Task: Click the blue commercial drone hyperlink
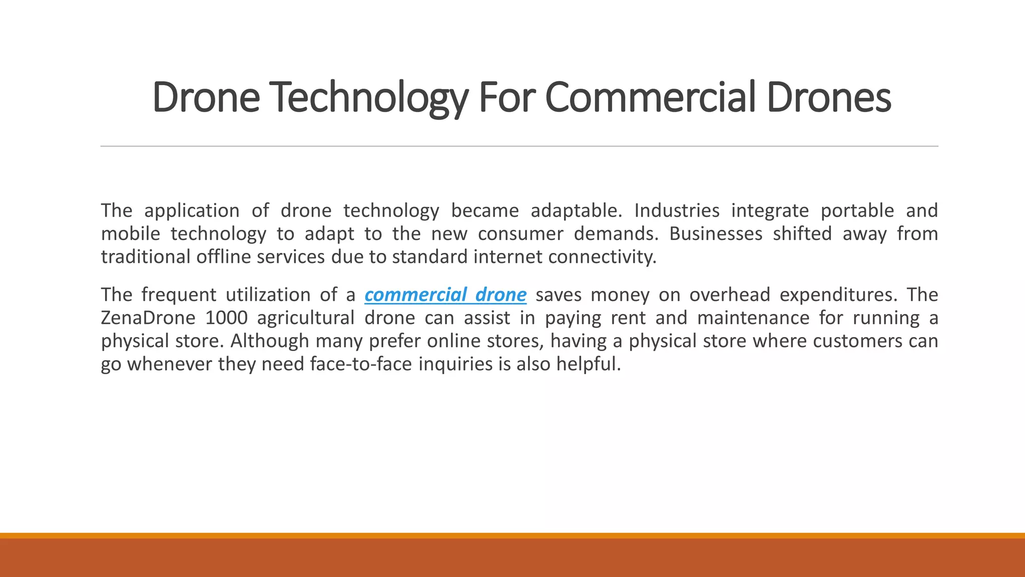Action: pos(445,295)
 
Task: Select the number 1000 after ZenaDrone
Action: pos(226,318)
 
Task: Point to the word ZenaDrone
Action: pos(148,318)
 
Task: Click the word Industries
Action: pos(677,211)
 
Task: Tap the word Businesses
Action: pos(716,234)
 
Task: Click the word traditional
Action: pos(146,257)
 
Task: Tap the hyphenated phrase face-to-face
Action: pos(361,364)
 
